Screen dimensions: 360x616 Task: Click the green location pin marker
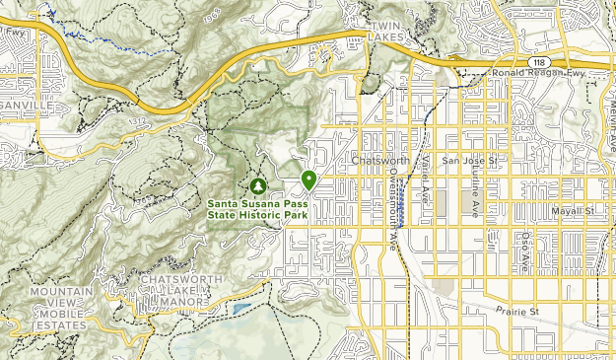point(308,180)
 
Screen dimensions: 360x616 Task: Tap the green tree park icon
point(258,184)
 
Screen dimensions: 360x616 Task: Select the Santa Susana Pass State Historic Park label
point(259,209)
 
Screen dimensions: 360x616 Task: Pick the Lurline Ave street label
point(473,197)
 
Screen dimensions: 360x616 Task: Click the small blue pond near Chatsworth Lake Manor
point(242,310)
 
